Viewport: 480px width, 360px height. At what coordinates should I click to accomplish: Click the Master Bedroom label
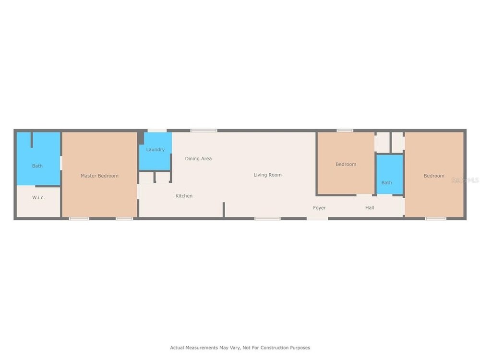[99, 176]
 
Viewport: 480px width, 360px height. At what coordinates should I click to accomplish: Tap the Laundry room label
[155, 150]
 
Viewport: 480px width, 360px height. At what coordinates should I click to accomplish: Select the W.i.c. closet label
[38, 197]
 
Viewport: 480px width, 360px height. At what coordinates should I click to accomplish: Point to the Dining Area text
[198, 158]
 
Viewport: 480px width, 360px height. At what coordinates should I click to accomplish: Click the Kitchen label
[184, 196]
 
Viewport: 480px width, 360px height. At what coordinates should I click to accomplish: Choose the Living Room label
[267, 175]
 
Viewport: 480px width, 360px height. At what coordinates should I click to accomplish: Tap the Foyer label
[319, 208]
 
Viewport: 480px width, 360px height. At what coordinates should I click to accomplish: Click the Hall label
[370, 208]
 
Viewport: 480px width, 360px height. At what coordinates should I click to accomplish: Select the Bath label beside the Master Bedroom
[37, 166]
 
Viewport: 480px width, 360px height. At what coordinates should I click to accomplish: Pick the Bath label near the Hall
[386, 183]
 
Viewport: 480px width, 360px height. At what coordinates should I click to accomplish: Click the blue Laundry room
[156, 151]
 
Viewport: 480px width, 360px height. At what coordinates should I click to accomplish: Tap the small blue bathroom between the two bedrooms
[389, 174]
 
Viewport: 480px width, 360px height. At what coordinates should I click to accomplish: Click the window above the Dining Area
[204, 131]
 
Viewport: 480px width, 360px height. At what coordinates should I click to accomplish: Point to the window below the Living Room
[267, 218]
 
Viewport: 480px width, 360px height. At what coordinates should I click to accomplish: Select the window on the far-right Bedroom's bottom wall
[436, 218]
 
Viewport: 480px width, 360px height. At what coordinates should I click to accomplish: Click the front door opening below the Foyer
[317, 218]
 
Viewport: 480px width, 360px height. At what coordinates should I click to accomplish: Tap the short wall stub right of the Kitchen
[224, 210]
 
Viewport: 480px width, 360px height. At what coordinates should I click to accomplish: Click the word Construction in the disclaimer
[273, 348]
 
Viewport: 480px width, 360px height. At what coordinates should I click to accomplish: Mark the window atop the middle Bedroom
[345, 131]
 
